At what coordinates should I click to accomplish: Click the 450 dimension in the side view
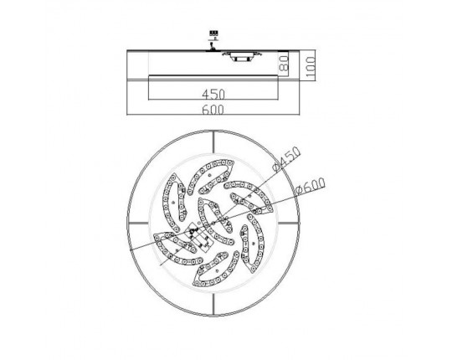pyautogui.click(x=213, y=94)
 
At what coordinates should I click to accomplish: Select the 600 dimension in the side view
pyautogui.click(x=213, y=110)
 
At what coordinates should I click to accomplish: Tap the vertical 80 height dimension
pyautogui.click(x=284, y=63)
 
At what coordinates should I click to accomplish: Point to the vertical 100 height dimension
pyautogui.click(x=311, y=67)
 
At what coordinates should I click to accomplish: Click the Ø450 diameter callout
pyautogui.click(x=287, y=159)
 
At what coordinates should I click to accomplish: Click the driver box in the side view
pyautogui.click(x=243, y=56)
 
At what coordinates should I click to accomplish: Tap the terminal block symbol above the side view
pyautogui.click(x=213, y=34)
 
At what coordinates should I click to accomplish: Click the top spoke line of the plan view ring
pyautogui.click(x=213, y=141)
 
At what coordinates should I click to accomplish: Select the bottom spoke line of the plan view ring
pyautogui.click(x=213, y=305)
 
